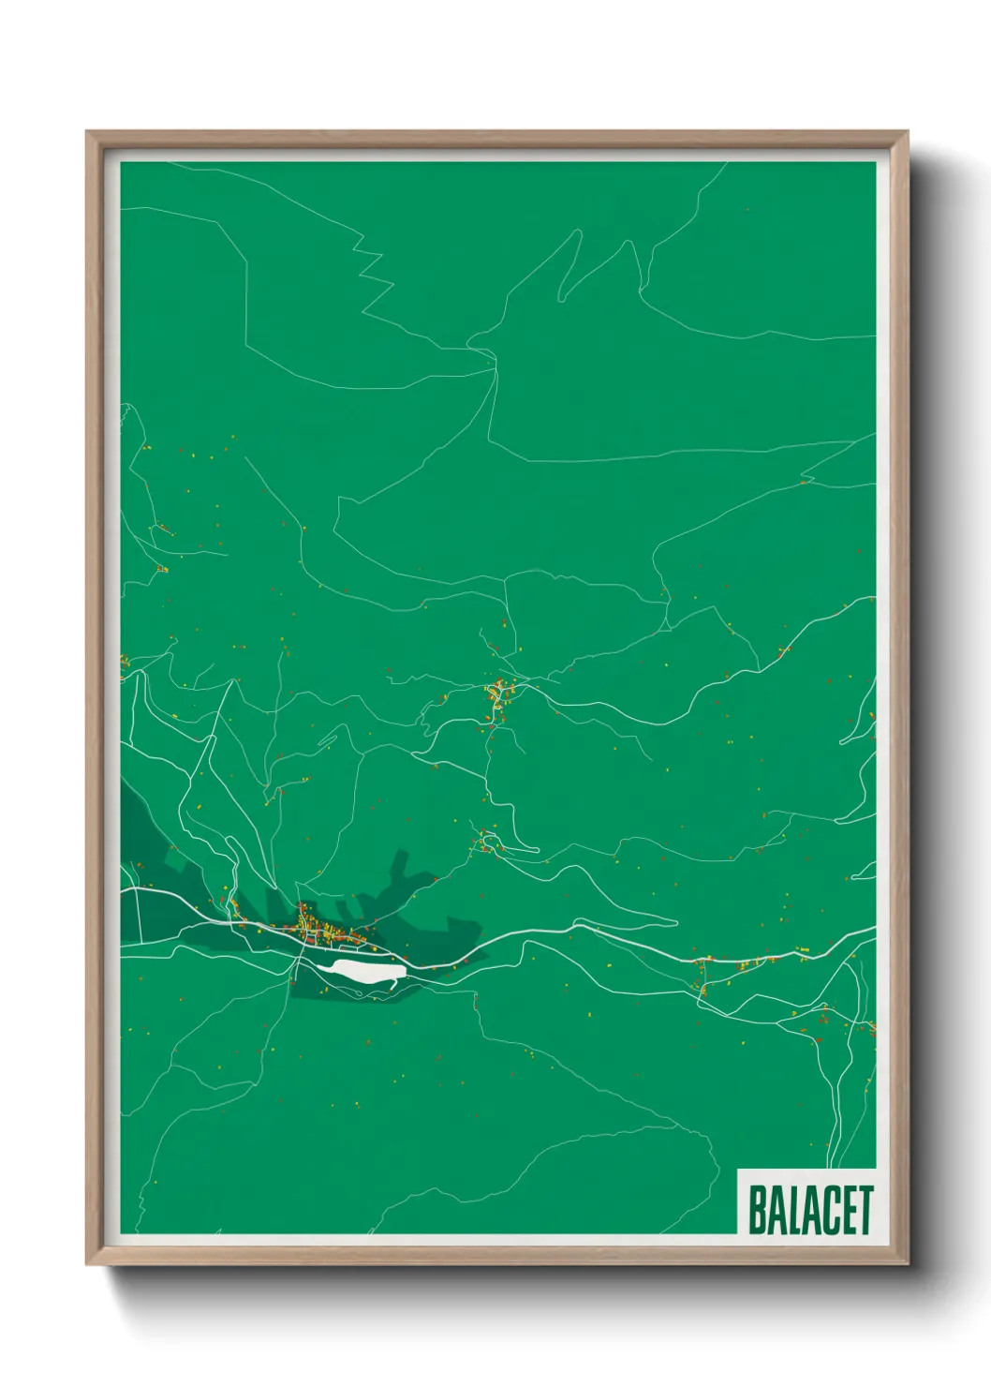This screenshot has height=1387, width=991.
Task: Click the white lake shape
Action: tap(361, 971)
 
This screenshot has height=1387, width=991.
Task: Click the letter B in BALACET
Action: tap(757, 1210)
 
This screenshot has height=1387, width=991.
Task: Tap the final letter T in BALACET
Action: tap(864, 1210)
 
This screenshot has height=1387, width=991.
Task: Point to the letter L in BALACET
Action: tap(792, 1210)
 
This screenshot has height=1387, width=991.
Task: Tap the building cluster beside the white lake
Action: tap(323, 928)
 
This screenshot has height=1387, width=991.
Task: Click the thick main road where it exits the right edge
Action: tap(871, 930)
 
